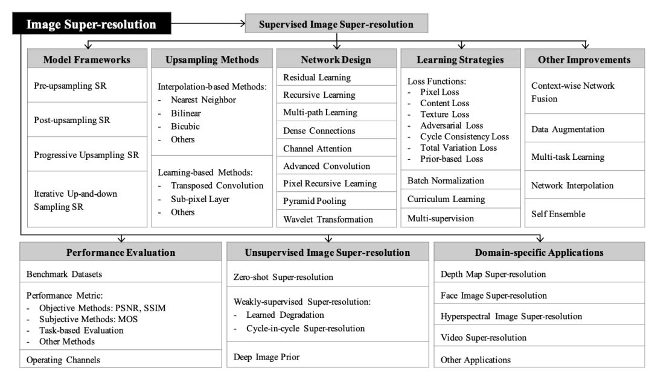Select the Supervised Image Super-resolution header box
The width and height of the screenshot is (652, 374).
click(x=336, y=25)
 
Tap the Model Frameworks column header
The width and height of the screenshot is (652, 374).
click(x=86, y=60)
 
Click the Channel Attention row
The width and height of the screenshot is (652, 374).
click(x=318, y=148)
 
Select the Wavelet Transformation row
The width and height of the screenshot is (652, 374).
click(x=328, y=218)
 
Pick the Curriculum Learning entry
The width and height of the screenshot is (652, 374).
click(x=446, y=198)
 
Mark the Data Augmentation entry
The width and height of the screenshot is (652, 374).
click(x=567, y=129)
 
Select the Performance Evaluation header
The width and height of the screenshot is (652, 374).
click(x=121, y=252)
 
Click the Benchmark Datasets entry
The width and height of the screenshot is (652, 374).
click(x=63, y=274)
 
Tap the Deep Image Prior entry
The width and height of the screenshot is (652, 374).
click(x=266, y=357)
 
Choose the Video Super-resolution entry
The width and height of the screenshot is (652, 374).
click(x=484, y=337)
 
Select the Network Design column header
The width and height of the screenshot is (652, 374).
click(x=336, y=60)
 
